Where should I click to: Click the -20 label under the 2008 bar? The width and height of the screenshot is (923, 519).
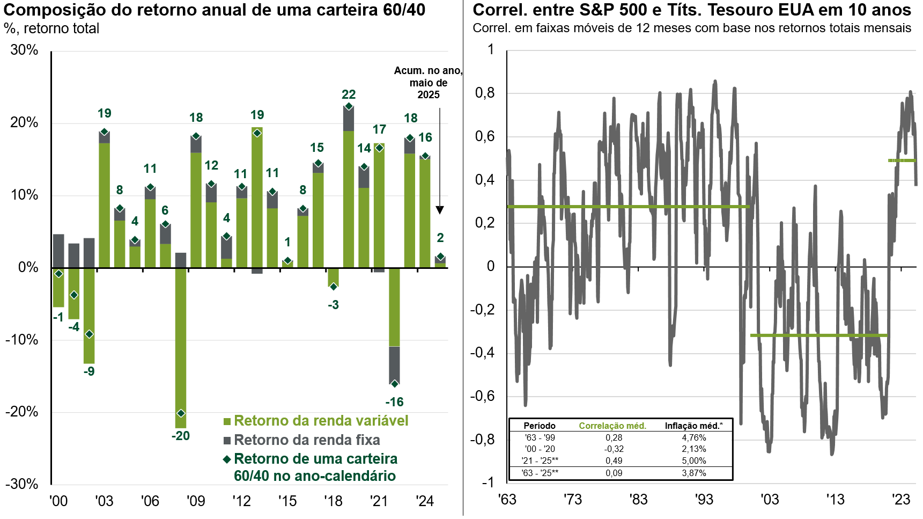coord(181,436)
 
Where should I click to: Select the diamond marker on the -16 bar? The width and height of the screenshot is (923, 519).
coord(395,384)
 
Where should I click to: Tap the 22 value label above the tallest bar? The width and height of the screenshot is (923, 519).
coord(349,94)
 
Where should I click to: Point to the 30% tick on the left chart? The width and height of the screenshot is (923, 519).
coord(25,50)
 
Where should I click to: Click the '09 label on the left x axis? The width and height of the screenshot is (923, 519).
coord(196,501)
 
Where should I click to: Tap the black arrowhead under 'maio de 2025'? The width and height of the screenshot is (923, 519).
coord(440,210)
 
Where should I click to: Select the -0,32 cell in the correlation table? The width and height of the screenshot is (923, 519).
coord(614,449)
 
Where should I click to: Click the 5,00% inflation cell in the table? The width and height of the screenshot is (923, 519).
coord(694,460)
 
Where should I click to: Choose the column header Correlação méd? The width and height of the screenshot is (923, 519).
coord(612,426)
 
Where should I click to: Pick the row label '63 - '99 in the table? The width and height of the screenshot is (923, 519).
coord(540,437)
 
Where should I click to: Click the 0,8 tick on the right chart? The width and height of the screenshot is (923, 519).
coord(485,93)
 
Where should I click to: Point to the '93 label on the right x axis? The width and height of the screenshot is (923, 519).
coord(704,500)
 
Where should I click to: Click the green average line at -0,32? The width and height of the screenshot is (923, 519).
coord(818,335)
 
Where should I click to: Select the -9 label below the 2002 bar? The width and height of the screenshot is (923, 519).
coord(89,371)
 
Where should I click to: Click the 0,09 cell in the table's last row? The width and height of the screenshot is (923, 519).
coord(614,473)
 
